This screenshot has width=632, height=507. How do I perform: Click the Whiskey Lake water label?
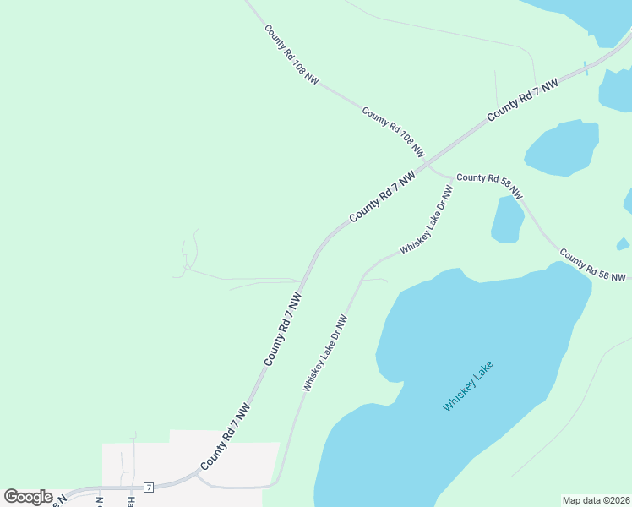pos(467,387)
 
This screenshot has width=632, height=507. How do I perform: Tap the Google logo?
pos(28,497)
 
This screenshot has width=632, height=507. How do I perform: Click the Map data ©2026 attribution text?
pos(597,500)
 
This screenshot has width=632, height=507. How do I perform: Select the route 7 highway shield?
pos(149,488)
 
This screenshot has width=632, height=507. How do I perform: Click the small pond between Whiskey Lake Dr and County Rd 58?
pos(507,220)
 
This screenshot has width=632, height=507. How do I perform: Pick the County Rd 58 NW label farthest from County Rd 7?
pos(592,265)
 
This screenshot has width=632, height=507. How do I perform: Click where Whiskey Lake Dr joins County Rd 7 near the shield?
pos(196,475)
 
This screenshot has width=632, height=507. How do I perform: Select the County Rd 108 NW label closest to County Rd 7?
pos(393,133)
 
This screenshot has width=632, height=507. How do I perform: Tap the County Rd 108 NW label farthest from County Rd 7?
pos(291,54)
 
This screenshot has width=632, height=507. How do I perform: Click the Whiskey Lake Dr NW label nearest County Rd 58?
pos(427,220)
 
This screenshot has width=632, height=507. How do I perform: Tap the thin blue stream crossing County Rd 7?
pos(586,68)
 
